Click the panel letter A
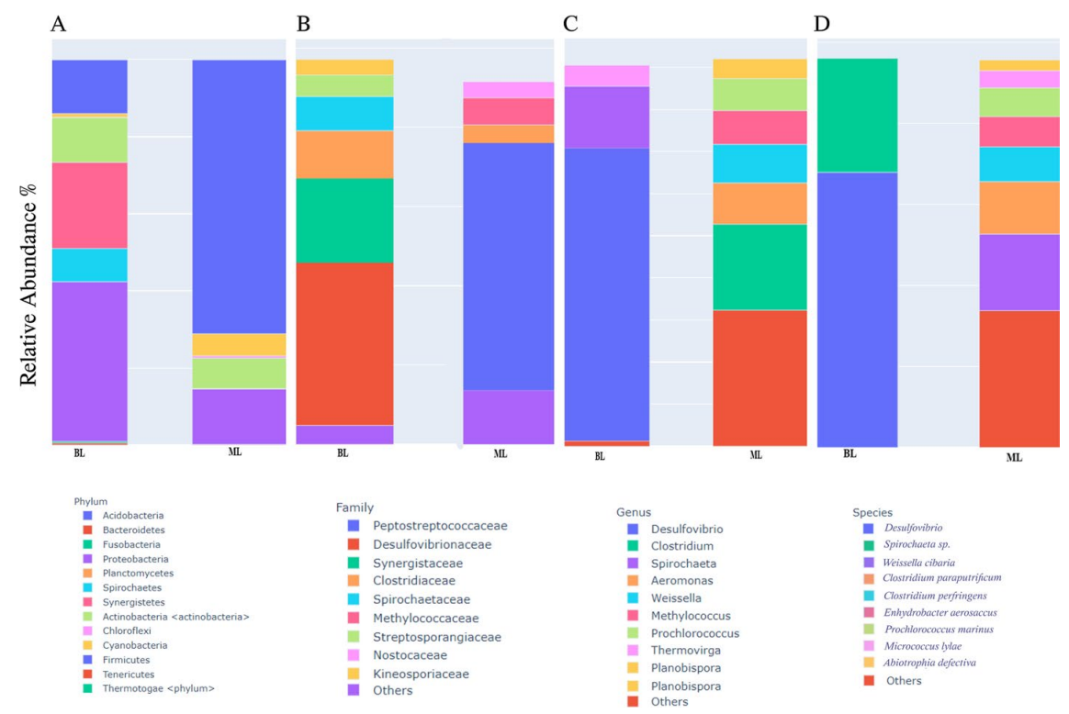pos(58,25)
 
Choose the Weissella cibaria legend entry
pos(918,562)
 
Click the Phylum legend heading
pos(91,502)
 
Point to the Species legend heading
pos(872,513)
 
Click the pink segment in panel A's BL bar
pos(89,205)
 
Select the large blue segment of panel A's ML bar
pos(239,196)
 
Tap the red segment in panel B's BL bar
pos(344,343)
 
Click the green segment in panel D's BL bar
pos(857,115)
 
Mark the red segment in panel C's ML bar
pos(760,377)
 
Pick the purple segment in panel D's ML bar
pos(1019,272)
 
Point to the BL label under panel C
pos(600,456)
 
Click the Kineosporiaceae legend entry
pos(421,674)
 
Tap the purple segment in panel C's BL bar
pos(606,117)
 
